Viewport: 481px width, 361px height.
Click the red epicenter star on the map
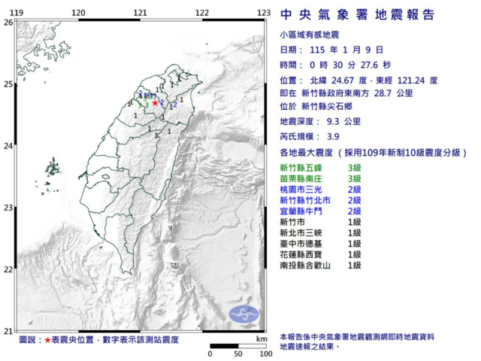coord(156,102)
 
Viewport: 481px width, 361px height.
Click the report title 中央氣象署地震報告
coord(357,15)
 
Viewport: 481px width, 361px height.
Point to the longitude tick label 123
coord(263,13)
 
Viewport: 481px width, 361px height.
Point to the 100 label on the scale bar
coord(265,353)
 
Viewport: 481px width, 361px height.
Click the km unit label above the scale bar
coord(261,339)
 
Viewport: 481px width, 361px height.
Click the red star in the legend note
coord(48,340)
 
